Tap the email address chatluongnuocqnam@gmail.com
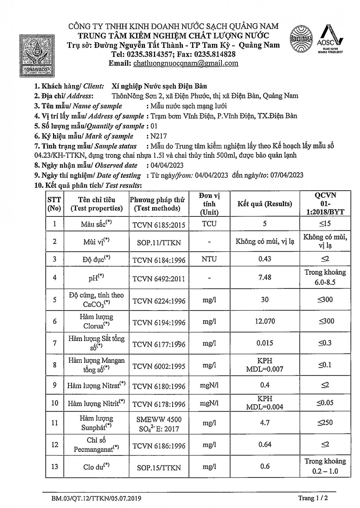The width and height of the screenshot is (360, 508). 186,63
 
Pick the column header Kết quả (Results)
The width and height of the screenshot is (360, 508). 264,204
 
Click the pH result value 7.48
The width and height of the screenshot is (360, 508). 264,277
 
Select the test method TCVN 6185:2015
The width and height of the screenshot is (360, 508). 159,224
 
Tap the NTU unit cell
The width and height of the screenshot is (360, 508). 209,259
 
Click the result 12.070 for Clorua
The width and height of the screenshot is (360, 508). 264,321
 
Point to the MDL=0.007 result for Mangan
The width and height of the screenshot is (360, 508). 264,369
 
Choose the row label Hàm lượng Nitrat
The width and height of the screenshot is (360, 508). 96,385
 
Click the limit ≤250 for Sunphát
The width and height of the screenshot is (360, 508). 325,422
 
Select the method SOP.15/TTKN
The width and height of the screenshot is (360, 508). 159,468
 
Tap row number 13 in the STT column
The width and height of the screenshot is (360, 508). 55,466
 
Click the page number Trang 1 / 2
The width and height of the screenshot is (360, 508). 313,498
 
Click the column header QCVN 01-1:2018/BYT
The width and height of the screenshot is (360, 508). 325,204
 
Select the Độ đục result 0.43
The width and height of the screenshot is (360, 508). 264,259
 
